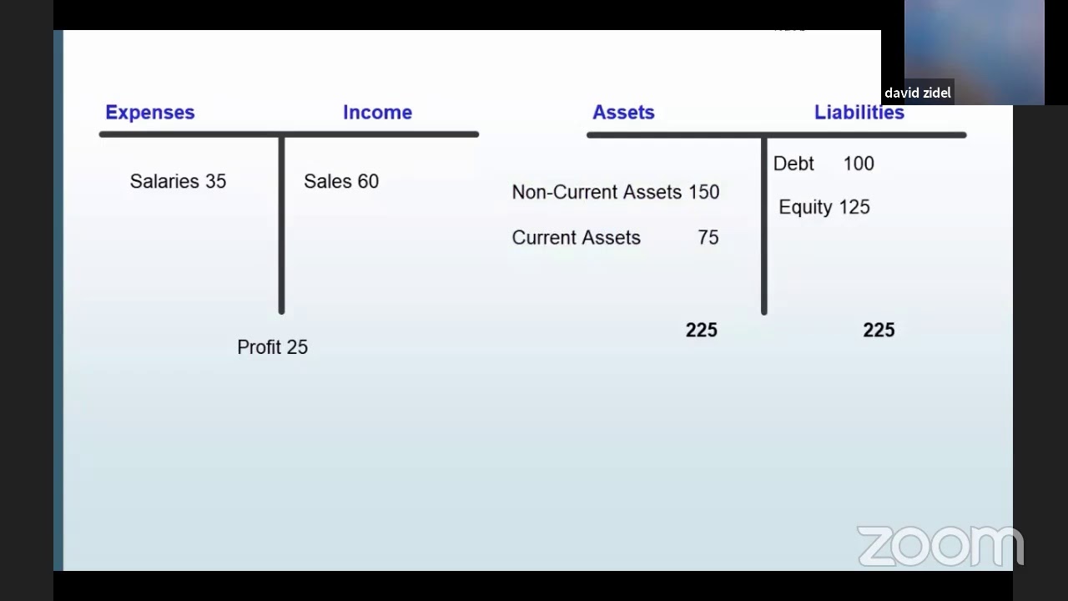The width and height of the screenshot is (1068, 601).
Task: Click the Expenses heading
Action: click(x=150, y=113)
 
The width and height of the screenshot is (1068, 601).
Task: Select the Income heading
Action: click(x=377, y=113)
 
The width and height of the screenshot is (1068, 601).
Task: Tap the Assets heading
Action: click(x=623, y=113)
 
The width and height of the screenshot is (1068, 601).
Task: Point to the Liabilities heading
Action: click(x=859, y=113)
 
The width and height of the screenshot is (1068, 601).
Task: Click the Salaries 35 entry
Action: click(x=178, y=181)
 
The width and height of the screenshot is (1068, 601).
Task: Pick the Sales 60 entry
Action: click(x=341, y=181)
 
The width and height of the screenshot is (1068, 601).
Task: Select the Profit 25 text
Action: click(x=272, y=347)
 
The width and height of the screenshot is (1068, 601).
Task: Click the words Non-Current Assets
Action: click(x=597, y=192)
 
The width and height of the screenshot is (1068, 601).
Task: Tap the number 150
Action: click(x=703, y=192)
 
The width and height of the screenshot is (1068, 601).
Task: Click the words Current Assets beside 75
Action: click(x=576, y=238)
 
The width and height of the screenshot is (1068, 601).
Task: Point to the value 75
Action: click(x=708, y=238)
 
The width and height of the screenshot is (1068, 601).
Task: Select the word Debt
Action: click(x=793, y=164)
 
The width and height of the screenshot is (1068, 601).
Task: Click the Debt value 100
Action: click(x=859, y=164)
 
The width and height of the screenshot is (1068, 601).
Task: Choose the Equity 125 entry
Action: click(x=824, y=207)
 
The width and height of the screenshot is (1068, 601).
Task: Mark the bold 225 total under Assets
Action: click(x=701, y=331)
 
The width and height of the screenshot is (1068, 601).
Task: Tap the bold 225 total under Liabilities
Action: click(x=879, y=331)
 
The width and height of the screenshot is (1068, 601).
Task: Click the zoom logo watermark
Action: click(x=940, y=547)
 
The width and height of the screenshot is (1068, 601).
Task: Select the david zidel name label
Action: click(x=918, y=93)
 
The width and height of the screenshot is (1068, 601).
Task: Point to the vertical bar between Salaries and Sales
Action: click(x=281, y=225)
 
